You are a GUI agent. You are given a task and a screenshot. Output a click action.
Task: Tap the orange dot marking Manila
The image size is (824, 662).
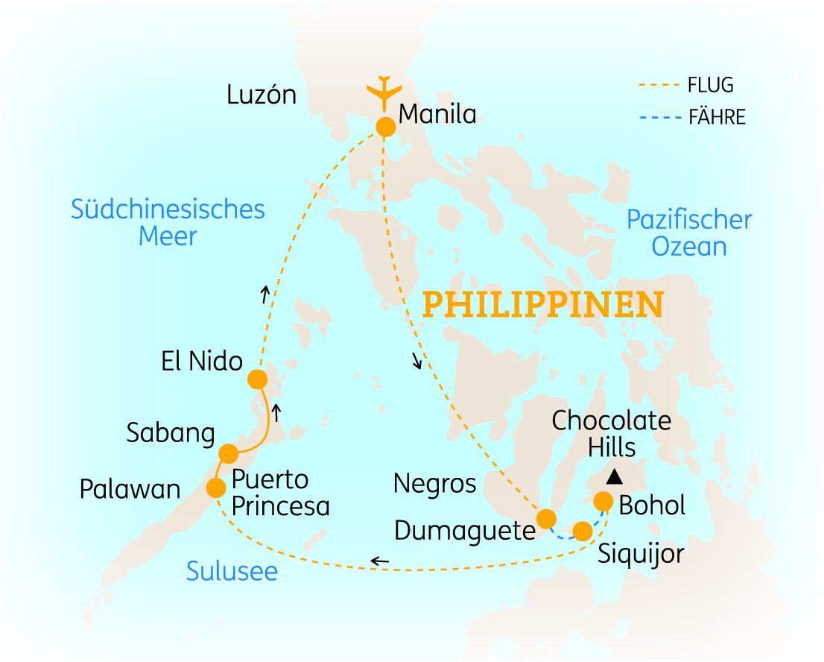(385, 127)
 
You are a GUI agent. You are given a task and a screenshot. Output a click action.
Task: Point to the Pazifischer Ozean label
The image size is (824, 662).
(689, 233)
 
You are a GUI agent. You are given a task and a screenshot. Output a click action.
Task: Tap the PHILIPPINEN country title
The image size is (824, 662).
(543, 305)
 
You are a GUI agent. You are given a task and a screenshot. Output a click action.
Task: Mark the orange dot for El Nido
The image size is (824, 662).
(257, 379)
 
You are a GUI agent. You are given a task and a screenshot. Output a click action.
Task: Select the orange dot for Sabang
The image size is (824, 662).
(228, 453)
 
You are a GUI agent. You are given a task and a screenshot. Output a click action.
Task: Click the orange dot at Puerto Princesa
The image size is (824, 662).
(215, 488)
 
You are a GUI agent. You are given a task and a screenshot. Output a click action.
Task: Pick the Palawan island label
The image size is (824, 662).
(130, 490)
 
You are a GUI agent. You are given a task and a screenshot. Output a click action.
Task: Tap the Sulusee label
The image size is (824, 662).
(232, 572)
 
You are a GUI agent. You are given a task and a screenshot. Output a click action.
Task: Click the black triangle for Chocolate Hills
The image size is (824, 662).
(614, 476)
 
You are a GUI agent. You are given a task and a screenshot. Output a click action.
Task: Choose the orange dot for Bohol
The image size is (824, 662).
(603, 501)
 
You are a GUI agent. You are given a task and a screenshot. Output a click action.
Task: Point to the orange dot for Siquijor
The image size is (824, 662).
(583, 531)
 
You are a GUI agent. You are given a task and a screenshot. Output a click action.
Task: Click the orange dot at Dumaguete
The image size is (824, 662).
(546, 519)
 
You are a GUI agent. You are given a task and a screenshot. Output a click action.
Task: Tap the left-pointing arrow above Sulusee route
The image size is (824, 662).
(380, 561)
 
